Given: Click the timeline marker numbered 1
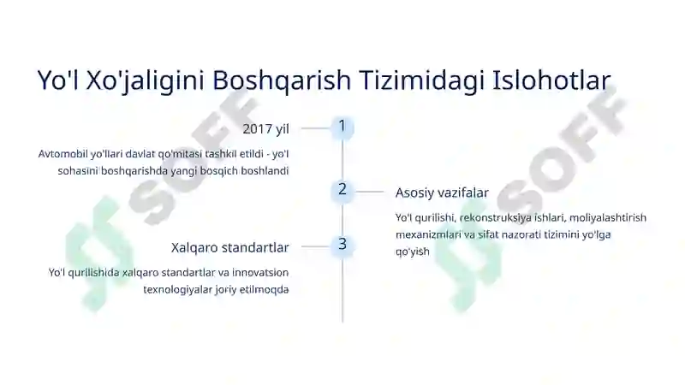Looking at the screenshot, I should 342,127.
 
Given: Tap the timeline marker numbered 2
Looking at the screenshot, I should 342,190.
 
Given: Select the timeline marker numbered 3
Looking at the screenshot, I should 342,245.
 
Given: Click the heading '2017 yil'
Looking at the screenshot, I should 265,128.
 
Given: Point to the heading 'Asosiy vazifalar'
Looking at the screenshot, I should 442,192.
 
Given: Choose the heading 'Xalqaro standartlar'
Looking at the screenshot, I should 229,247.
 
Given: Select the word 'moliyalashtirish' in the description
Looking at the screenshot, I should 607,217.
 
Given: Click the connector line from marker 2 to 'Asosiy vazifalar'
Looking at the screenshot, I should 370,192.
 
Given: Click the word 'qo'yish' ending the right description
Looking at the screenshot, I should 412,252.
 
